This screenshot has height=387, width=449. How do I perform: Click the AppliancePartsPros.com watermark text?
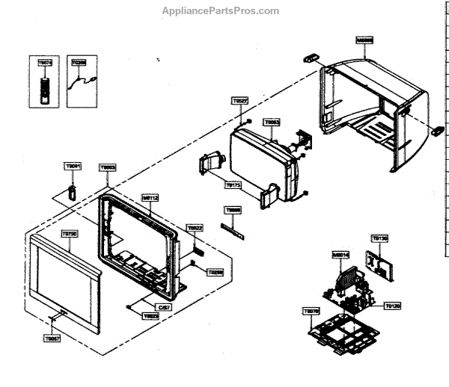[220, 11]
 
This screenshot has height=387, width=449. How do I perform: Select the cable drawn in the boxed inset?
[77, 87]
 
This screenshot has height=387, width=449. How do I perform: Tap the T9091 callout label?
[73, 166]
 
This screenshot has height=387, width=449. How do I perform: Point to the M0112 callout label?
[150, 198]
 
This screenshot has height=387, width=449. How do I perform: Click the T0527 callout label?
[239, 101]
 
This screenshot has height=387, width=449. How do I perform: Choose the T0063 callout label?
[272, 122]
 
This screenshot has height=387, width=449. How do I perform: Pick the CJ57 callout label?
[163, 307]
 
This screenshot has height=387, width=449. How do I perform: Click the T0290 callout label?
[215, 273]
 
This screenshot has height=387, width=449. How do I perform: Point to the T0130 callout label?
[380, 238]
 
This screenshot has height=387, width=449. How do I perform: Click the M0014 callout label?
[340, 255]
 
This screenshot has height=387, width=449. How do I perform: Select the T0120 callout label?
[392, 306]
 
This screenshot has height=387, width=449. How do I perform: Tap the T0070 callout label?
[311, 309]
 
